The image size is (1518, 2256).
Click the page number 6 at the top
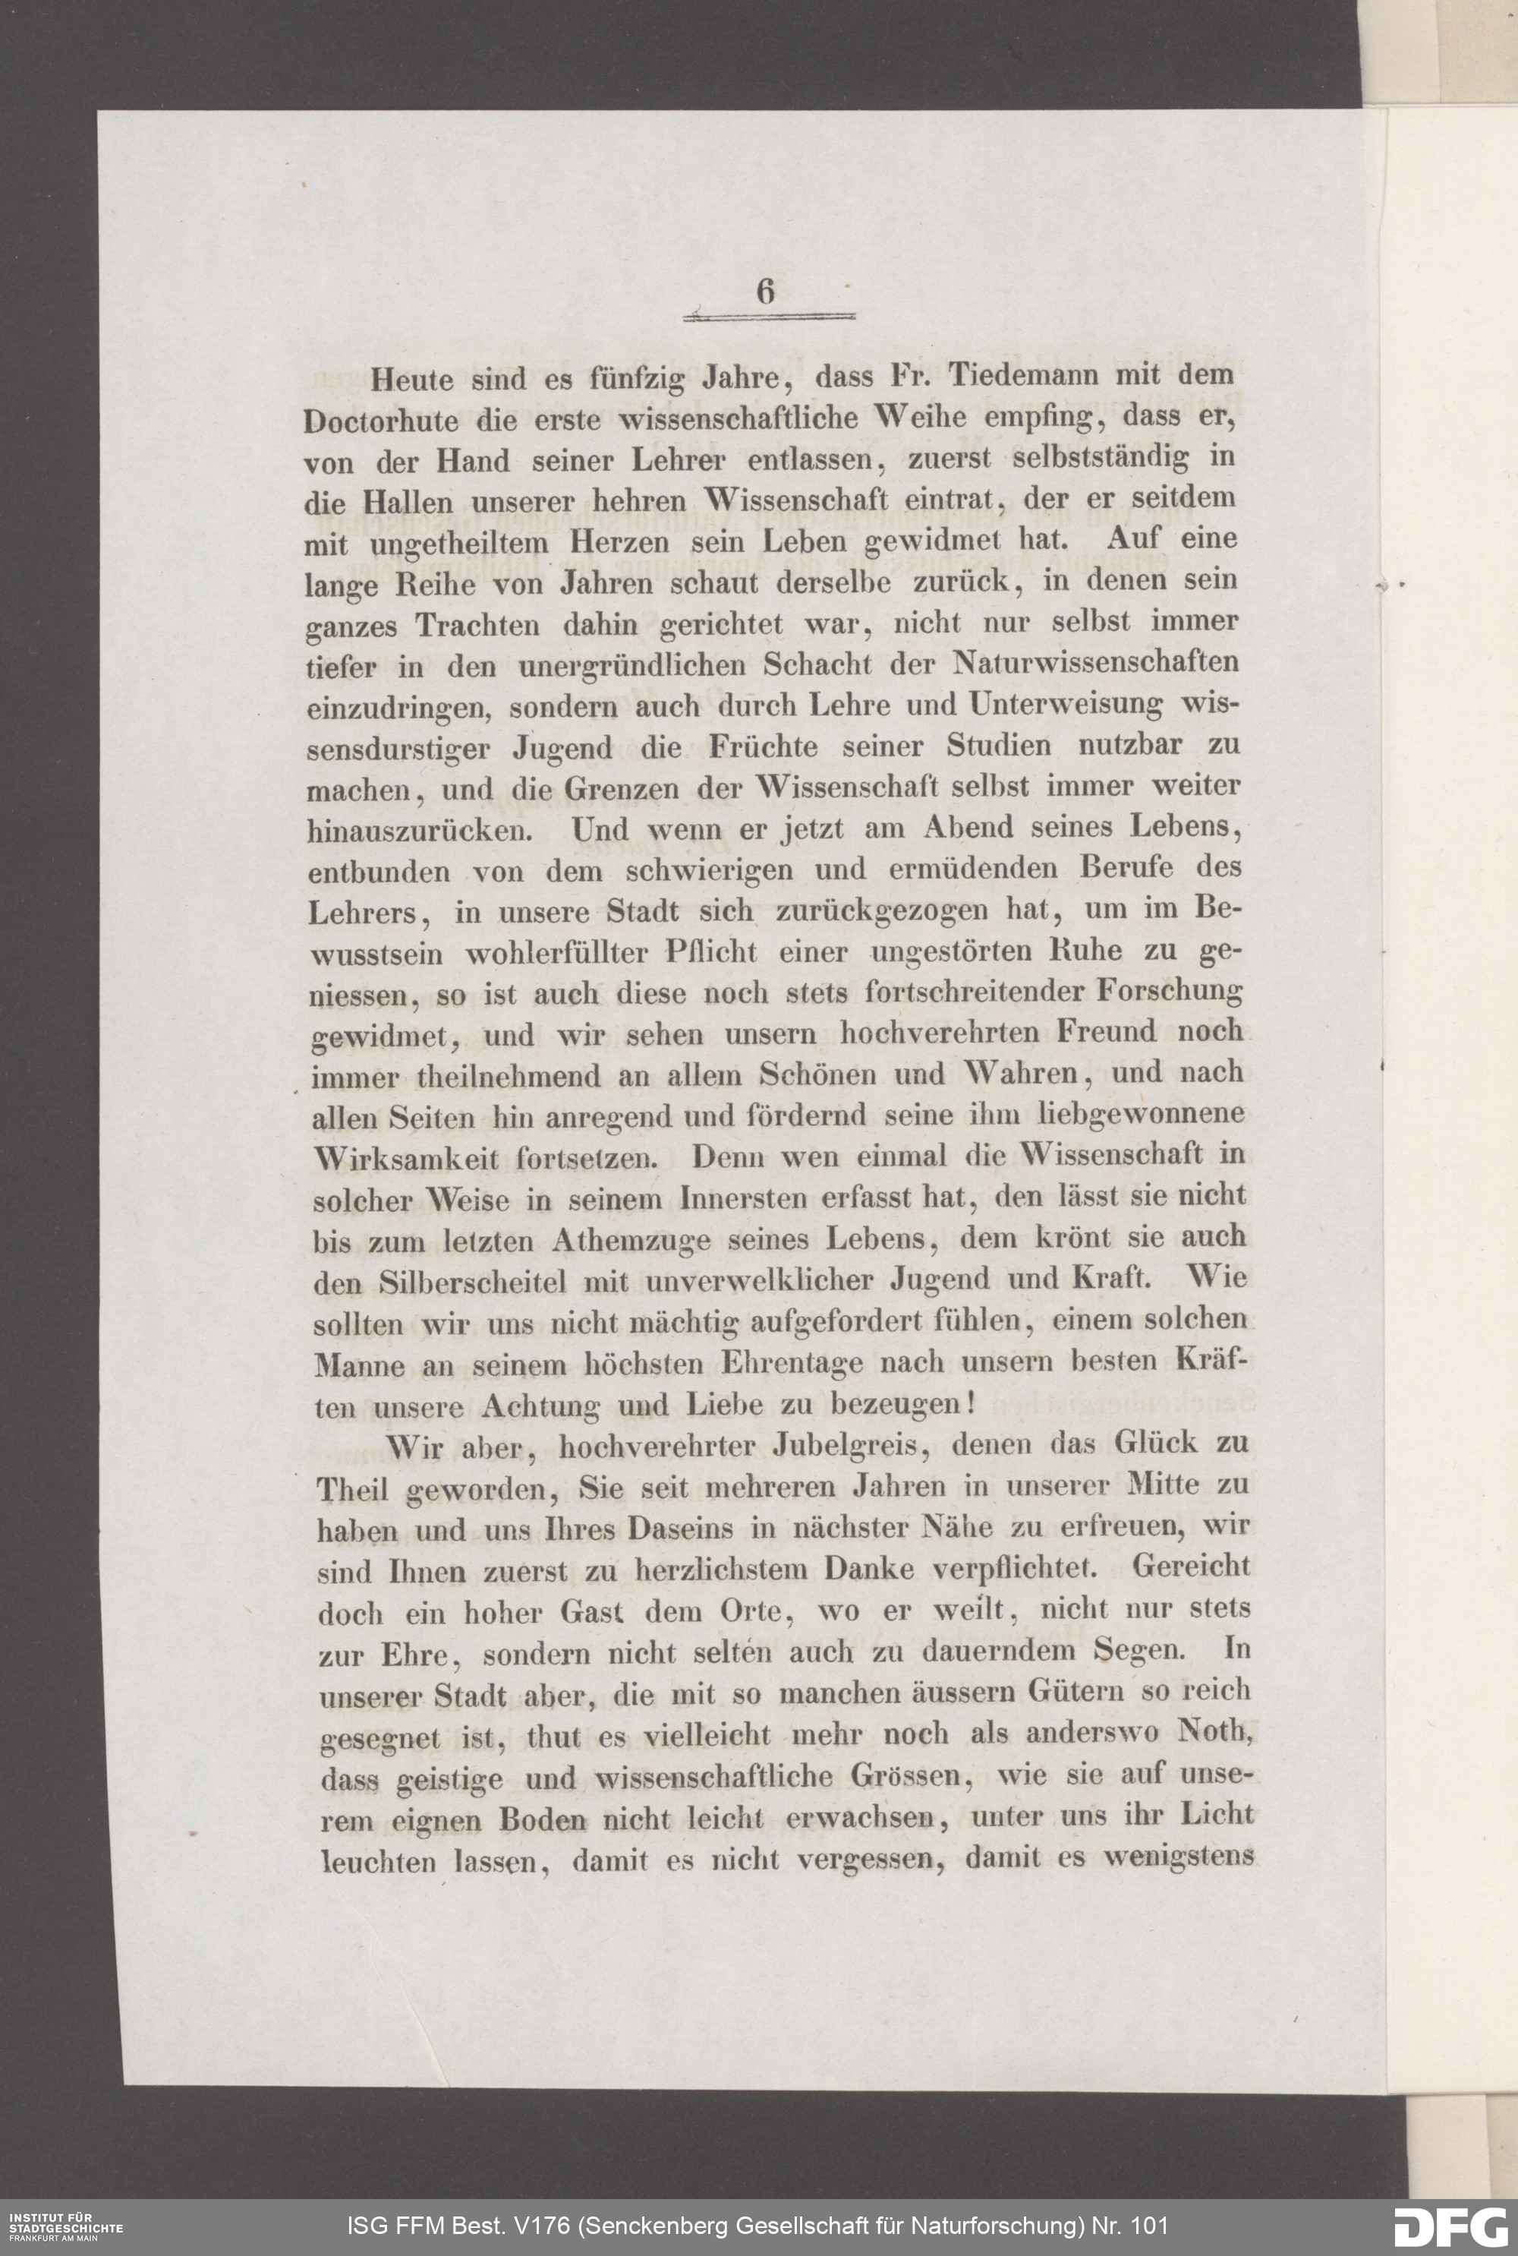pyautogui.click(x=766, y=291)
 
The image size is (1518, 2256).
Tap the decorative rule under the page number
pyautogui.click(x=770, y=317)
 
